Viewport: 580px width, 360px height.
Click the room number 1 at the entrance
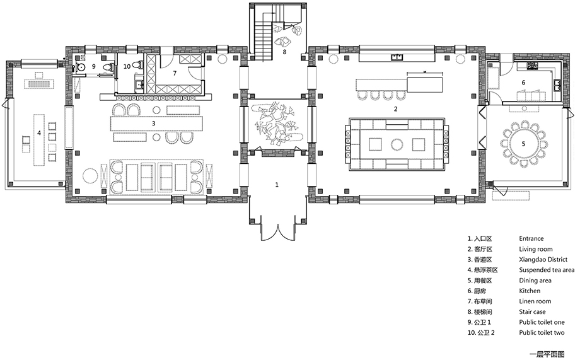tap(277, 185)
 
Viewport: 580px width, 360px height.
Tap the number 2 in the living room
tap(396, 109)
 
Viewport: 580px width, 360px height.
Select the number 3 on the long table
tap(153, 123)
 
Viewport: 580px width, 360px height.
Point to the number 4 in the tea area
tap(39, 133)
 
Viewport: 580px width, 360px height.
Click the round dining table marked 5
tap(523, 144)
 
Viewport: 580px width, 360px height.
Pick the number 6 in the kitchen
tap(523, 83)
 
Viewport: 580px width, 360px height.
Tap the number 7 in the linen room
tap(175, 73)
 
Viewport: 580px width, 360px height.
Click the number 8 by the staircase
tap(284, 52)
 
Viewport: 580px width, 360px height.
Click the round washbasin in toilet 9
tap(81, 67)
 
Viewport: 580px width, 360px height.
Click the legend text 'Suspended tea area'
tap(547, 270)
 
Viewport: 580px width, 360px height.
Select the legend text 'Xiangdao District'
tap(543, 260)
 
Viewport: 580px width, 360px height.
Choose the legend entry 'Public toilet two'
tap(542, 333)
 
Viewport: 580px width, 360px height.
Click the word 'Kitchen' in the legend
tap(530, 291)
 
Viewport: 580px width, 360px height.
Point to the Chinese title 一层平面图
tap(547, 354)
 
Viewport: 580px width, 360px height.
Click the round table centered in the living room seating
tap(397, 144)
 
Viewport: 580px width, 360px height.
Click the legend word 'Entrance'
tap(531, 239)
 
